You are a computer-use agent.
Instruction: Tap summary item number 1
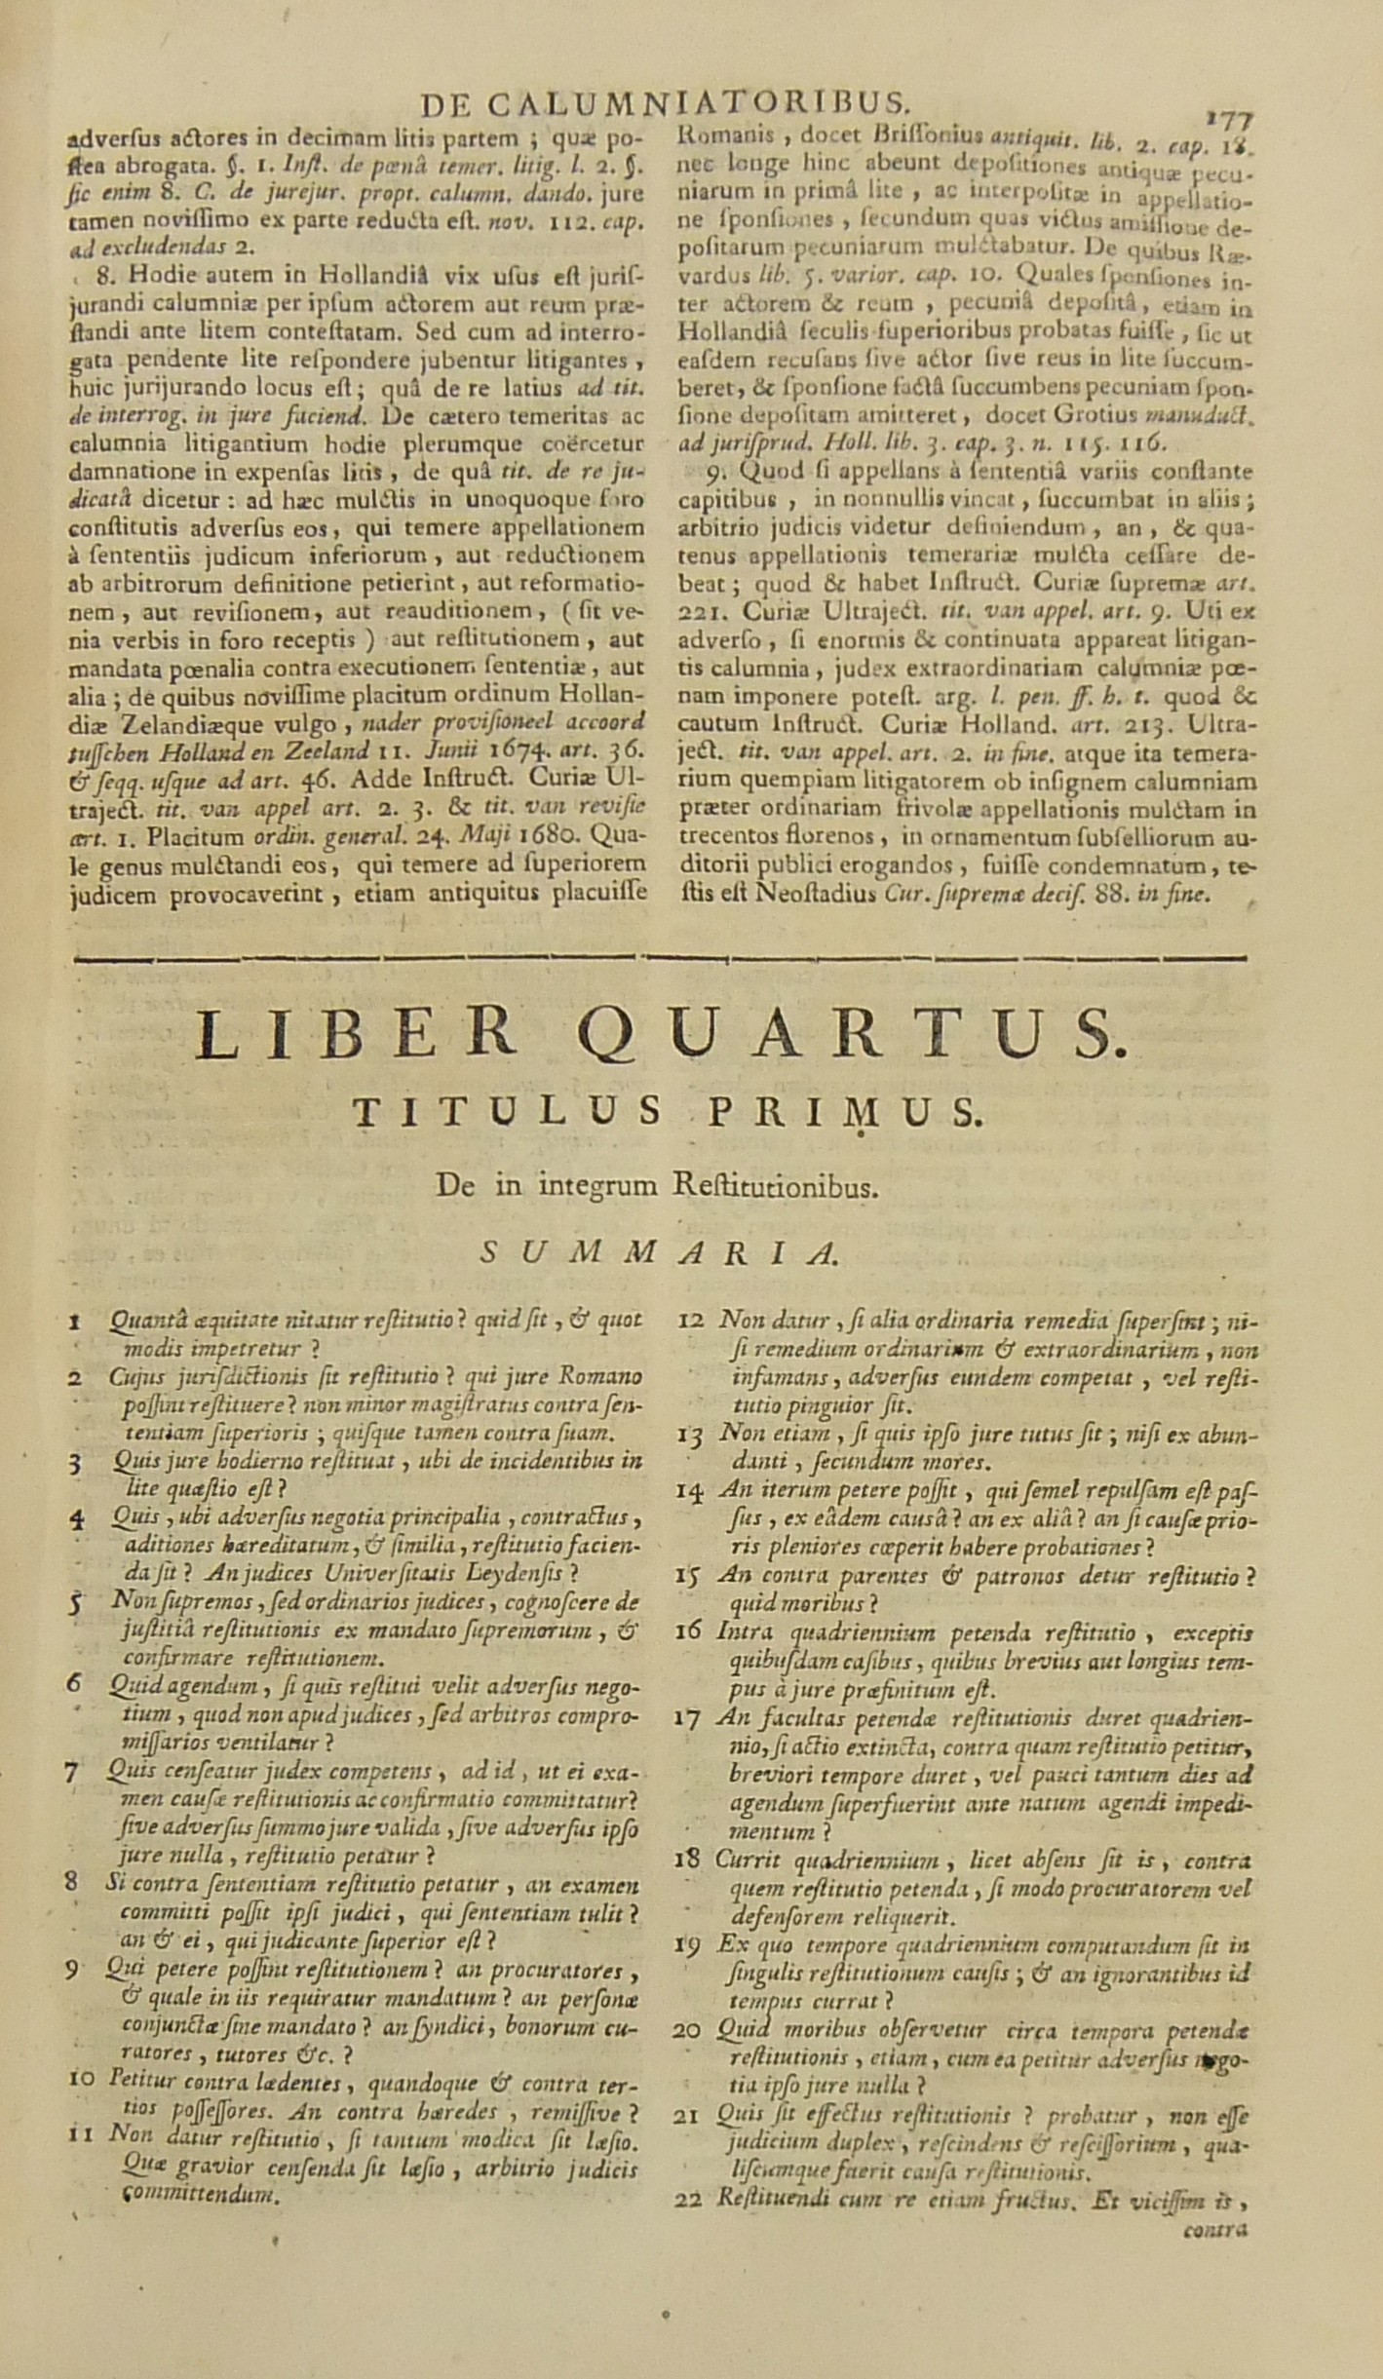(75, 1323)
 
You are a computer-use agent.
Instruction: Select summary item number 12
(691, 1322)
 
